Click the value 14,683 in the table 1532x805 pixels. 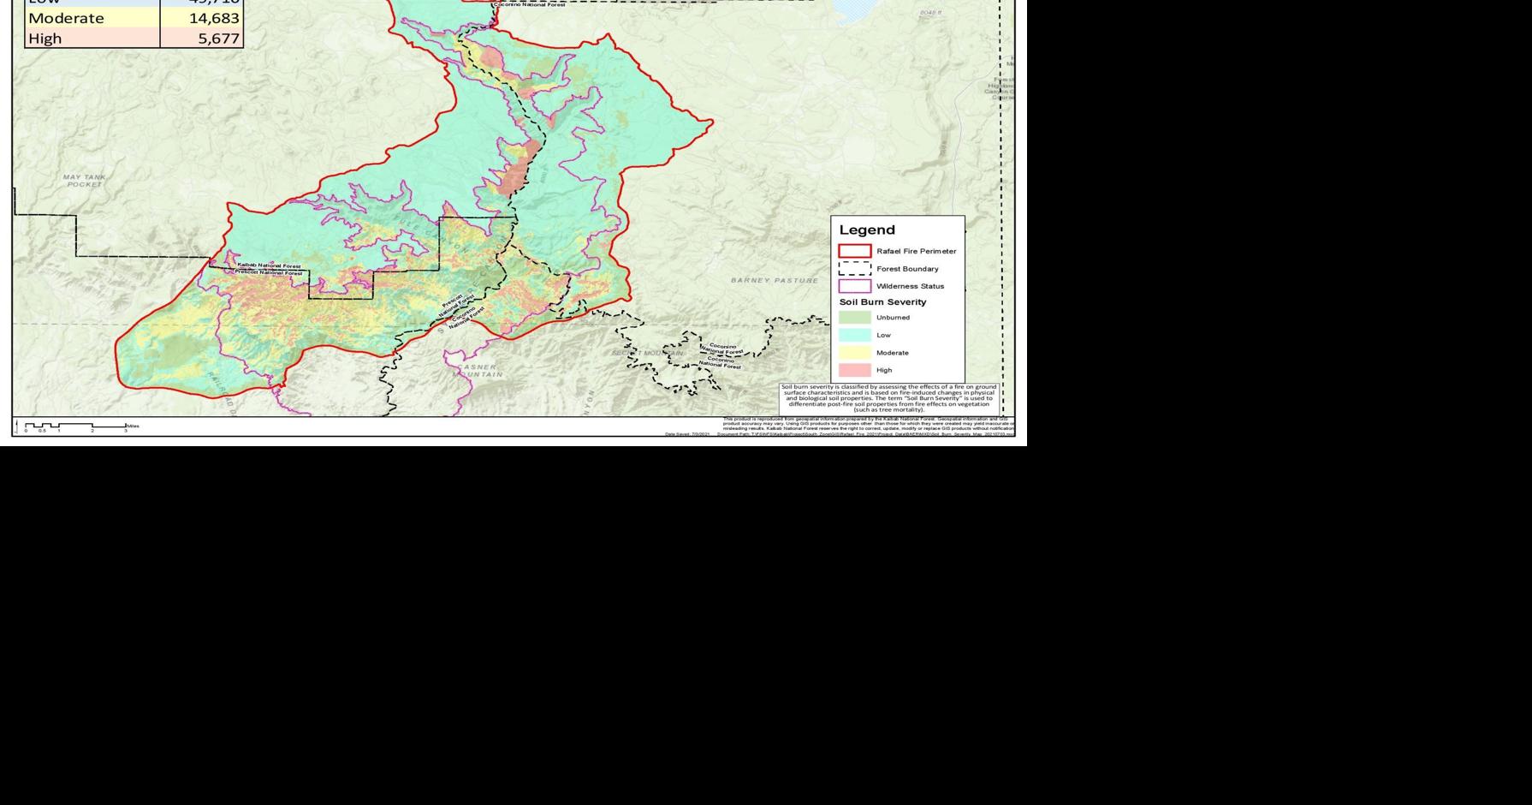(214, 18)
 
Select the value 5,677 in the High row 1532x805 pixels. (218, 39)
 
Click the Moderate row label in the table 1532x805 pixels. (66, 18)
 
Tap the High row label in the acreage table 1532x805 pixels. (45, 39)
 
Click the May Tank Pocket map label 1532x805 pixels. (84, 181)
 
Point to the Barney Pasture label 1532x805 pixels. (774, 280)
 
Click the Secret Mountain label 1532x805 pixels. (648, 353)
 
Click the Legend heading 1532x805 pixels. (866, 230)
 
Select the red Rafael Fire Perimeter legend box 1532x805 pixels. (854, 251)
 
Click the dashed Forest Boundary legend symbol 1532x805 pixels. (854, 269)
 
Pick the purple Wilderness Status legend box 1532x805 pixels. (854, 286)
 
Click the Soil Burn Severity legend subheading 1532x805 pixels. (882, 302)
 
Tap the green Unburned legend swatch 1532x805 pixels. (854, 318)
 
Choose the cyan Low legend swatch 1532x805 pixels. (854, 335)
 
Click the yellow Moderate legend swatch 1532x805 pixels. (854, 353)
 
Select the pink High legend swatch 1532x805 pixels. (854, 370)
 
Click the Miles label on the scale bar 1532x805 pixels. (133, 426)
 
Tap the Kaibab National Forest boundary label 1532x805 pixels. (269, 266)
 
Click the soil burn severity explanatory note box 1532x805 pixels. (888, 398)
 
